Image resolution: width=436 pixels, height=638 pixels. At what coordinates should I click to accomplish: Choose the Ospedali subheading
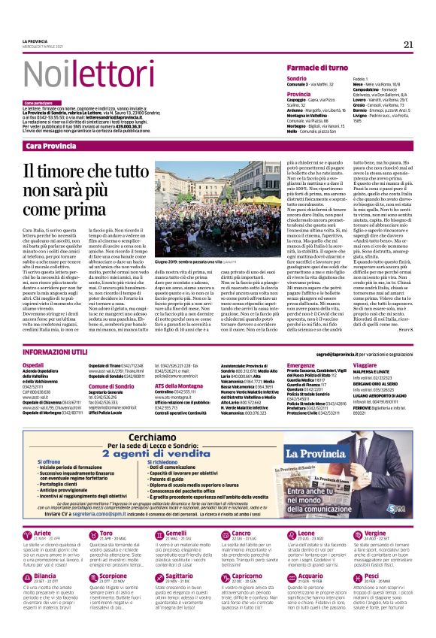[x=35, y=364]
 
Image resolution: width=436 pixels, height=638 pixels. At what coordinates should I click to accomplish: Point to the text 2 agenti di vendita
[x=164, y=455]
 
